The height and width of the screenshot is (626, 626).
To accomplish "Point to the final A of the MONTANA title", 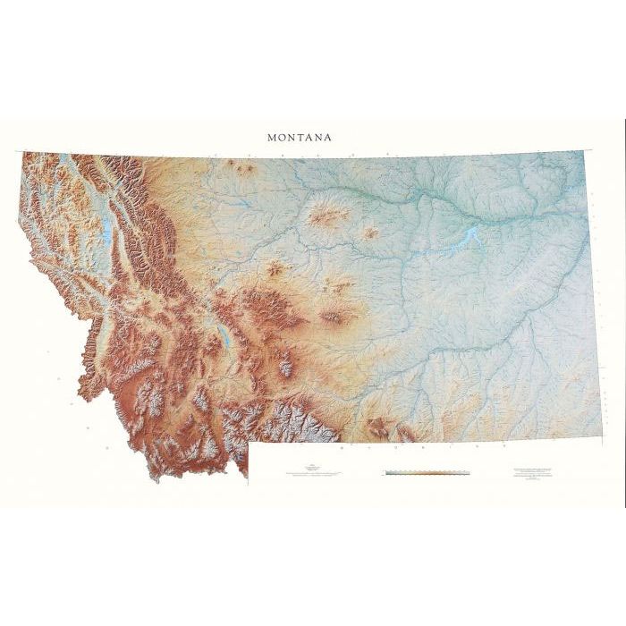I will click(x=328, y=138).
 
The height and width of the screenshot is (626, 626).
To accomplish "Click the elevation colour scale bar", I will click(x=427, y=470).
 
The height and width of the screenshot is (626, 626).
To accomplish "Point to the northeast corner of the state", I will click(x=584, y=152).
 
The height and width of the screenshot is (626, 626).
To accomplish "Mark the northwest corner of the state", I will click(x=23, y=154).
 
